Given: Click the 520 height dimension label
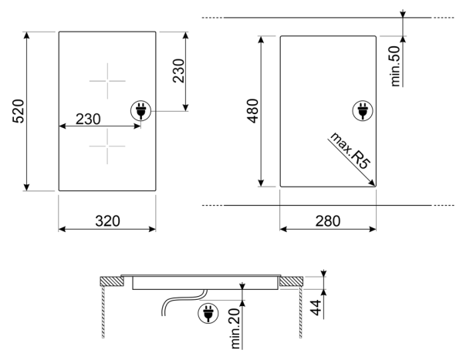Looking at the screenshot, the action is [19, 111].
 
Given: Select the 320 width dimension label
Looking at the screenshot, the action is [107, 221].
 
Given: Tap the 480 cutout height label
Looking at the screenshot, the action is [253, 111].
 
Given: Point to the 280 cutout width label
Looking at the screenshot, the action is [328, 221].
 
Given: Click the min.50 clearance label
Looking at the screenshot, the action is [395, 66].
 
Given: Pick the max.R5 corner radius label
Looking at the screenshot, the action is [350, 150].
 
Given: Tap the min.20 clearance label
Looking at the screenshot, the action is [235, 328].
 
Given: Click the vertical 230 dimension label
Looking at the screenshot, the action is [179, 71].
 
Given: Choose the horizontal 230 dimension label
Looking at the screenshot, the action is [88, 119].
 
